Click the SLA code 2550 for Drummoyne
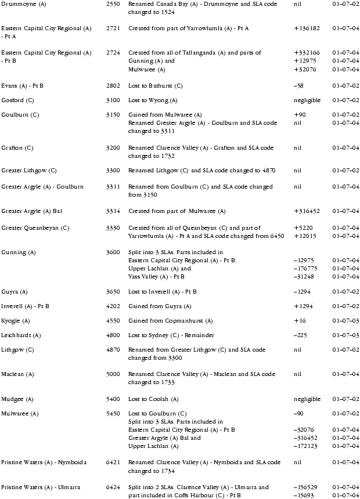coord(113,4)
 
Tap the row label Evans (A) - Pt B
coord(22,86)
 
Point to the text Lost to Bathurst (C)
coord(155,86)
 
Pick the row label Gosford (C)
coord(17,100)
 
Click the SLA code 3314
coord(113,211)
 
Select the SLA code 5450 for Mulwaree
coord(113,414)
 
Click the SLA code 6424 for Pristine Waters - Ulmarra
coord(113,487)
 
